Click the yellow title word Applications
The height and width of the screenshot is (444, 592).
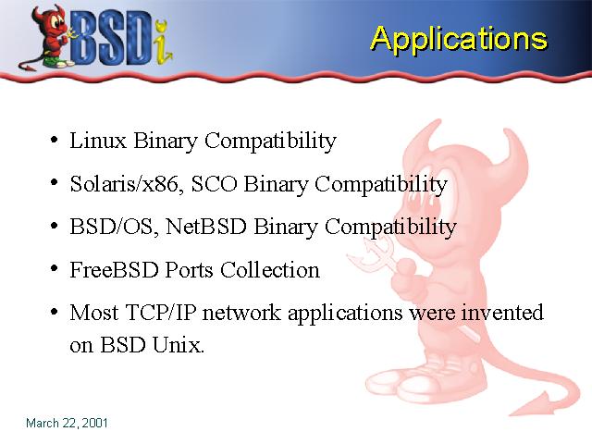[x=459, y=40]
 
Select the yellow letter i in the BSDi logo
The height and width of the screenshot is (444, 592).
[x=163, y=43]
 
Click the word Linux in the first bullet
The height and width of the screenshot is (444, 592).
[x=98, y=141]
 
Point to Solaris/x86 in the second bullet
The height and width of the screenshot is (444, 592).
[x=124, y=184]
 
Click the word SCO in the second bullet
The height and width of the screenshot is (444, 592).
[x=215, y=184]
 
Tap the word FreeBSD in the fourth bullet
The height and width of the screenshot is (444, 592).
[x=114, y=270]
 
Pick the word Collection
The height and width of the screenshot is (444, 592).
[x=270, y=270]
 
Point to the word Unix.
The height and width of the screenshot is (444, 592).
[x=179, y=345]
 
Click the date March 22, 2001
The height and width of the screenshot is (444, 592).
[x=67, y=423]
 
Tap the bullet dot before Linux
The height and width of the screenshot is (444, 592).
[x=54, y=140]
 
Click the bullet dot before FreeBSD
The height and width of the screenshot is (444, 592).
[x=54, y=269]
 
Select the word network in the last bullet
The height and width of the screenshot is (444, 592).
[x=241, y=313]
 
